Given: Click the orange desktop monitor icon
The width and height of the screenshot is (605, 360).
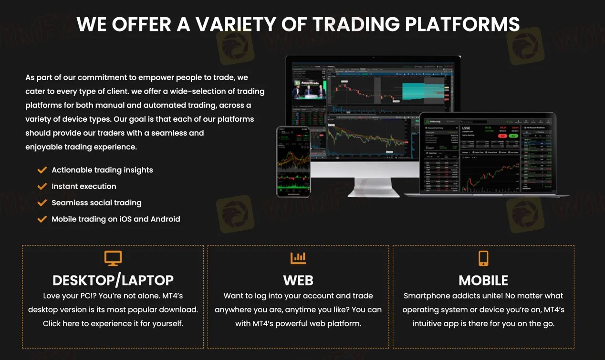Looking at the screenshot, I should point(113,258).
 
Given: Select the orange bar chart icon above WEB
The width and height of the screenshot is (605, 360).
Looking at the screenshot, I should point(298,258).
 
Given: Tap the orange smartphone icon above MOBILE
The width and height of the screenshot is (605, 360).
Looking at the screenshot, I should point(483,258).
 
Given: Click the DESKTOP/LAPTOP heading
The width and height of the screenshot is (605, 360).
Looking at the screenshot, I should point(113,280).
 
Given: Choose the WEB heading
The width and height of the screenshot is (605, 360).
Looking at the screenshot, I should point(298,280).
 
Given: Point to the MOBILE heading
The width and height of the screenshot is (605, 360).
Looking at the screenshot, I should point(483,280).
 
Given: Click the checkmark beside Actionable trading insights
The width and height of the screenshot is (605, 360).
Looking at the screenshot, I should point(42,170).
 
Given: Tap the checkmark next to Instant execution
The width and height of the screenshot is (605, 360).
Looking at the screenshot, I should point(42,186).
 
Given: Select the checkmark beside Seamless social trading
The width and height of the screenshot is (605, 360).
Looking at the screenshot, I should point(42,202).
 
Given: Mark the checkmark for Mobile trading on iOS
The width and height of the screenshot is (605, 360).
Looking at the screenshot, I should point(42,219).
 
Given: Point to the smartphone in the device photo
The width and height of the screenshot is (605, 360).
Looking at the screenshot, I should point(293,161).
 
